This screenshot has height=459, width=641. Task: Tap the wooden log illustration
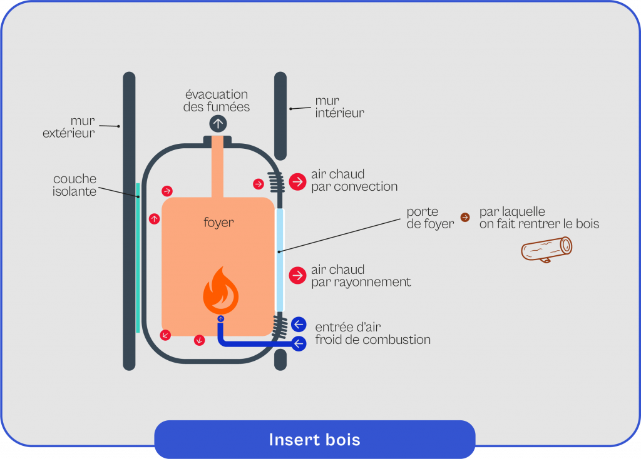pyautogui.click(x=546, y=249)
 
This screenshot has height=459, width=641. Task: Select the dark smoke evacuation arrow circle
pyautogui.click(x=218, y=123)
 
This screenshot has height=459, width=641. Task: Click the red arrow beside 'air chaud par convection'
pyautogui.click(x=297, y=181)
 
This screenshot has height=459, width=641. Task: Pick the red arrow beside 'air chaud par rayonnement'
pyautogui.click(x=297, y=275)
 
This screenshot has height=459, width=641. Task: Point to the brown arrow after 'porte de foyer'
pyautogui.click(x=464, y=217)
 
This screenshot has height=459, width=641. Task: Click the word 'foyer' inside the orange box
pyautogui.click(x=218, y=222)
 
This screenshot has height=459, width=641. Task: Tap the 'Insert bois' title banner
pyautogui.click(x=314, y=439)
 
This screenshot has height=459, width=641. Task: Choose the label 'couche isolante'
pyautogui.click(x=74, y=185)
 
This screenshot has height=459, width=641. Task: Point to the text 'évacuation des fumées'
pyautogui.click(x=217, y=101)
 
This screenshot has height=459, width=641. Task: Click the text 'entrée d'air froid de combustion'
pyautogui.click(x=372, y=333)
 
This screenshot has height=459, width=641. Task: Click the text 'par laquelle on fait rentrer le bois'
pyautogui.click(x=538, y=218)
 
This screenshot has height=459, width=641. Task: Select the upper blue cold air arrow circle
pyautogui.click(x=299, y=324)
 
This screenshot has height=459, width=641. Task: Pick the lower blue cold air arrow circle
pyautogui.click(x=299, y=343)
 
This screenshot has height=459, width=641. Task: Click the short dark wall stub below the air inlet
pyautogui.click(x=280, y=360)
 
